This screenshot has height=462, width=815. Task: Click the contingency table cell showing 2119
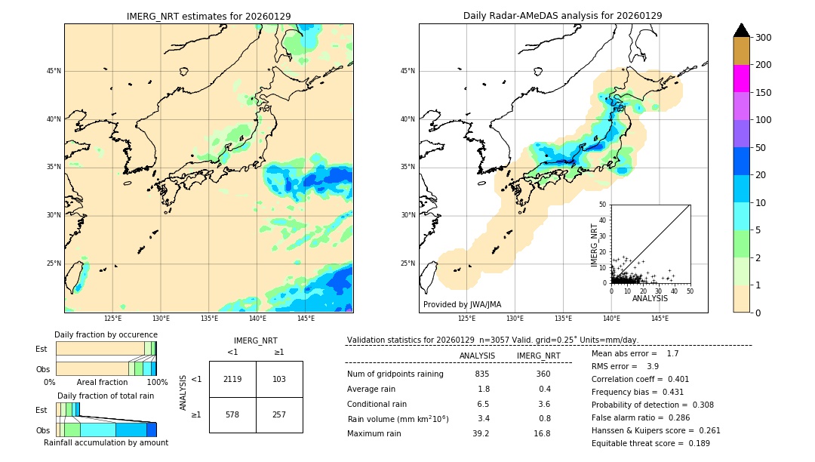click(x=232, y=379)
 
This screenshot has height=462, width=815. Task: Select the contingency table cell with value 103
click(x=279, y=379)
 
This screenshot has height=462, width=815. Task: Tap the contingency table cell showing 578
click(x=232, y=415)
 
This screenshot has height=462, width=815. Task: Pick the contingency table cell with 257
click(x=279, y=415)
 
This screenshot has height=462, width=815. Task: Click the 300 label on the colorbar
click(x=764, y=38)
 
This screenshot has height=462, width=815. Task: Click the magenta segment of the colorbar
click(x=741, y=79)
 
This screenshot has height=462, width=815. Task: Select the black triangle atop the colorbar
click(x=741, y=30)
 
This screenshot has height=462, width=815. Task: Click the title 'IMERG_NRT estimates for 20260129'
click(x=208, y=16)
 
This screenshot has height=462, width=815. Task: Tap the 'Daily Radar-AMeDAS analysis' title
click(x=563, y=16)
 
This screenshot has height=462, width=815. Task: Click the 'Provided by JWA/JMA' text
click(x=462, y=305)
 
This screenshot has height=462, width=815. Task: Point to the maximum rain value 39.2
click(x=481, y=433)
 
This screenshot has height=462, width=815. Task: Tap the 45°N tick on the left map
click(x=54, y=71)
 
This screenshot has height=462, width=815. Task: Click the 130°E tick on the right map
click(x=515, y=319)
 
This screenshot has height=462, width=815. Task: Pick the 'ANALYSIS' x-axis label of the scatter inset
click(x=650, y=298)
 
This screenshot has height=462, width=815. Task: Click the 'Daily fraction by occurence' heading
click(x=106, y=334)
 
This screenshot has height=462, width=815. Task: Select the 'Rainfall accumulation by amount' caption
click(x=106, y=442)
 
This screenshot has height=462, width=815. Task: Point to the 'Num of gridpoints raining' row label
click(x=395, y=374)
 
